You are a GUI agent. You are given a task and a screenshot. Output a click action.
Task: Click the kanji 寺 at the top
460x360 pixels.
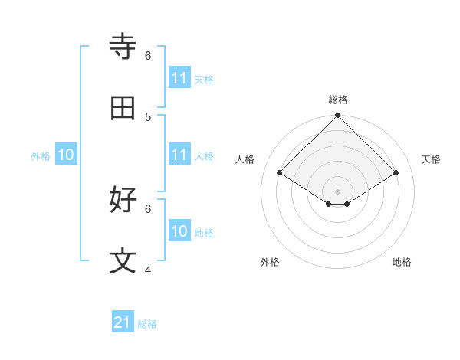point(123,47)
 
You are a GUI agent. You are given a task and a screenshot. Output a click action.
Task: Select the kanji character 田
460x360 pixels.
point(123,109)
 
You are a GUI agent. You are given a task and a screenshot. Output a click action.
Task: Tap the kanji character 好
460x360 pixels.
point(123,200)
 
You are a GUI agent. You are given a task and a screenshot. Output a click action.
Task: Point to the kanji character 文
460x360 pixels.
point(123,261)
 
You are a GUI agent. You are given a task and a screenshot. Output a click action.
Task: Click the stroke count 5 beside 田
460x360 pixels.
point(148,116)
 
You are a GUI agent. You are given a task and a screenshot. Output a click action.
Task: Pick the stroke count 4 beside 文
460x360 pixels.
point(148,270)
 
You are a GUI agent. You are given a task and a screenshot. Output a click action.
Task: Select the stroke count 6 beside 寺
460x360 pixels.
point(148,55)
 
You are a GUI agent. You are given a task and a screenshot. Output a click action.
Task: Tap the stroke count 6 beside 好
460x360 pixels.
point(148,208)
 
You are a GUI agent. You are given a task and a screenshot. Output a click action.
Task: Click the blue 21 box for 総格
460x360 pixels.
point(123,323)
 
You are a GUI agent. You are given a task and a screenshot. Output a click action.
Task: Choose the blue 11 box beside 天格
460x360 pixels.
point(179,78)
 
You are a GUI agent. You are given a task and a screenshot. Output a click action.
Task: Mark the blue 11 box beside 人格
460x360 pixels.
point(179,155)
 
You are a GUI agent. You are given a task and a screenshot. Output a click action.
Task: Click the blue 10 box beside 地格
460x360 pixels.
point(179,231)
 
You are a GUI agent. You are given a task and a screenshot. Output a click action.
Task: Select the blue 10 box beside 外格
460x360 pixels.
point(66,155)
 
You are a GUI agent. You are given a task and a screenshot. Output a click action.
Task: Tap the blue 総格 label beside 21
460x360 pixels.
point(147,324)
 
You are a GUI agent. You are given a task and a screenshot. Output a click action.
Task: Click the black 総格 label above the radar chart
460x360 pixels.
point(338,100)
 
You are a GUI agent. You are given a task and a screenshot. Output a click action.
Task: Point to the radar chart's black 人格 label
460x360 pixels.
point(245,159)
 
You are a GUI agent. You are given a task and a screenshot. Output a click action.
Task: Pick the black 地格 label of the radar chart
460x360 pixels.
point(402,262)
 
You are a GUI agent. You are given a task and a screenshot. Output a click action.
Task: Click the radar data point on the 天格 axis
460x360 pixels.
point(396,173)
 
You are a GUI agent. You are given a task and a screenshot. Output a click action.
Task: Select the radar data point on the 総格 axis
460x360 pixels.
point(338,116)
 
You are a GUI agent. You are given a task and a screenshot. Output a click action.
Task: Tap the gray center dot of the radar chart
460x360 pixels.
point(338,191)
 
